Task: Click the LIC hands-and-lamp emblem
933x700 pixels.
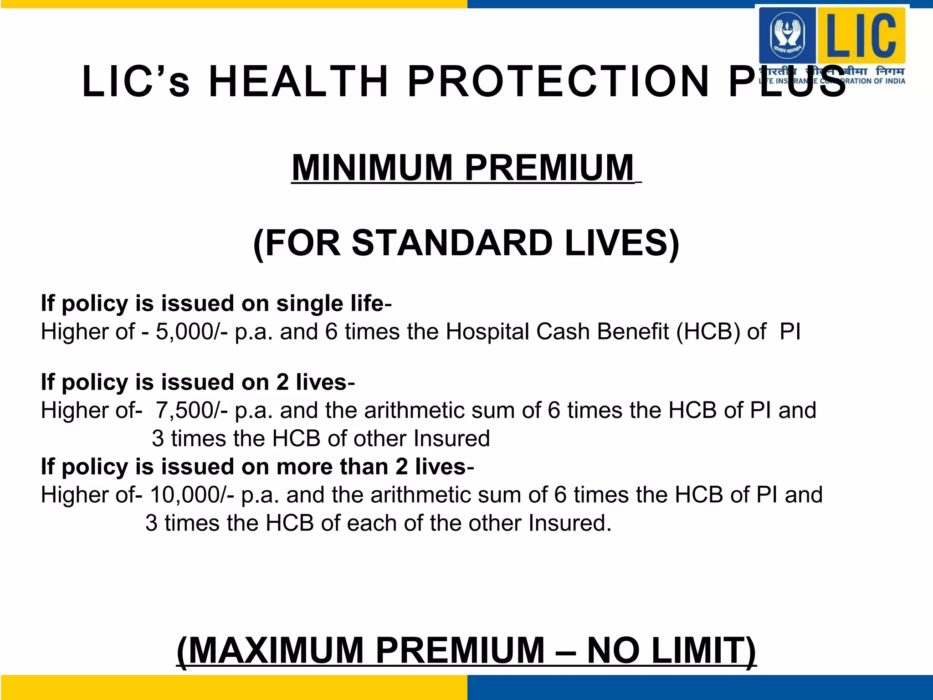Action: [x=787, y=35]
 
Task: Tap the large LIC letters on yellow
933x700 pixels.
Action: [x=861, y=35]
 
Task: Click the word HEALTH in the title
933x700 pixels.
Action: [x=298, y=82]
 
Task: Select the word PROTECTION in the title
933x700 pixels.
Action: [x=559, y=82]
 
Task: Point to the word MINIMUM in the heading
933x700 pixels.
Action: [x=372, y=168]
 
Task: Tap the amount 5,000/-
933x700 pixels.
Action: [x=192, y=331]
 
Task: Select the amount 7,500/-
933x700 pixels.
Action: [x=192, y=410]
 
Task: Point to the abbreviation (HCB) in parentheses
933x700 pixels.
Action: [x=708, y=331]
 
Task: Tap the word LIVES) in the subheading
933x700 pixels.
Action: [x=622, y=243]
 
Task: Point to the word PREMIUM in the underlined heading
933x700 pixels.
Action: [x=549, y=168]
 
